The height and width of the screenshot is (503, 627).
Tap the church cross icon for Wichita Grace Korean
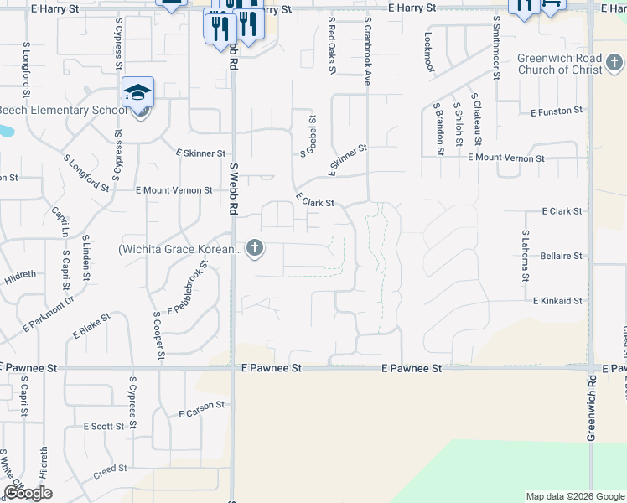tap(256, 248)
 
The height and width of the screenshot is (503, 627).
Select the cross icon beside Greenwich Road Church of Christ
tap(614, 63)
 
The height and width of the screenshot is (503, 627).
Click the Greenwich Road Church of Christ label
tap(559, 64)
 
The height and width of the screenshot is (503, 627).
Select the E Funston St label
tap(557, 111)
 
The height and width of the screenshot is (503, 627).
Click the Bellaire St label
tap(562, 256)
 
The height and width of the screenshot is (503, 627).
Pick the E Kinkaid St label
tap(557, 300)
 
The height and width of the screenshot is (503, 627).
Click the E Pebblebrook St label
tap(187, 288)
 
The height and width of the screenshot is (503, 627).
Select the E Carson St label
tap(202, 408)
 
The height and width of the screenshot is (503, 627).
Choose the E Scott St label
tap(104, 426)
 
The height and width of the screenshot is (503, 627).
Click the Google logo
tap(28, 493)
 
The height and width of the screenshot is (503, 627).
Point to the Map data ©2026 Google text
tap(574, 496)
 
